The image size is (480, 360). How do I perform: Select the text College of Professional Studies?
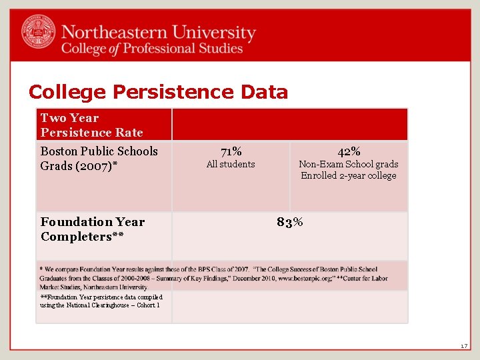(x=152, y=48)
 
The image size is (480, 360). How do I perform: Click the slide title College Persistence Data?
(x=158, y=92)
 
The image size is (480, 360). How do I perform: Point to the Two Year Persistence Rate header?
(x=91, y=125)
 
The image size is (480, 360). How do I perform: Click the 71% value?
(x=231, y=151)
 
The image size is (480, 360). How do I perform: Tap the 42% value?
(x=349, y=151)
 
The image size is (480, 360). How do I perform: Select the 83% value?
(x=290, y=222)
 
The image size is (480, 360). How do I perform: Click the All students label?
(x=231, y=164)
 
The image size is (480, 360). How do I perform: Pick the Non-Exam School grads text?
(x=348, y=164)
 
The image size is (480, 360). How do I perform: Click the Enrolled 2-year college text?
(x=348, y=176)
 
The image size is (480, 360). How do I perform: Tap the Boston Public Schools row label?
(x=99, y=151)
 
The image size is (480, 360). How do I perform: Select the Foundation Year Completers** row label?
(x=92, y=229)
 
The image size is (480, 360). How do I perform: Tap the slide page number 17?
(x=464, y=346)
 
